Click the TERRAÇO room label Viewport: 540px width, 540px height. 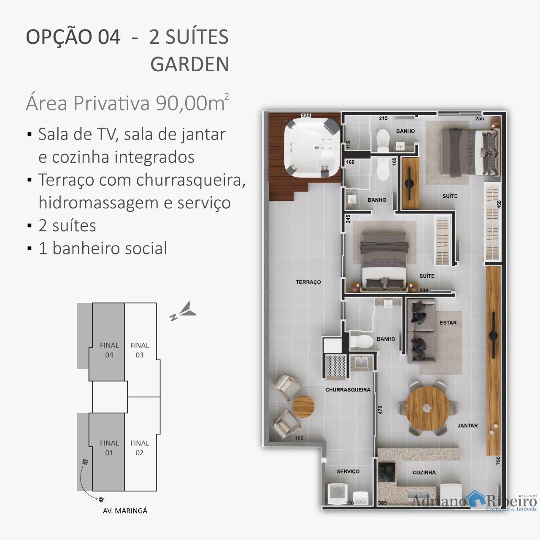point(308,282)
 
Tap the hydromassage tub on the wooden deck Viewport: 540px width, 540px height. point(312,148)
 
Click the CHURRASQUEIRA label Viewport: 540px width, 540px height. point(348,389)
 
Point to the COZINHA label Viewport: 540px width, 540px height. point(424,472)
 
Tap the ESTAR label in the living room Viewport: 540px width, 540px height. point(448,323)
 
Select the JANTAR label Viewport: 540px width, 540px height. point(467,425)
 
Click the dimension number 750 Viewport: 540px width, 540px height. point(498,460)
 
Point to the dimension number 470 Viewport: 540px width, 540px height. point(380,410)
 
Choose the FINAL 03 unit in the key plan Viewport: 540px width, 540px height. point(140,350)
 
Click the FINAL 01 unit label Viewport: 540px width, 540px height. point(109,448)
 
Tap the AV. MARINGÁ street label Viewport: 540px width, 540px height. point(125,511)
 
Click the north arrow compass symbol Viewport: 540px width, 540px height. point(183,311)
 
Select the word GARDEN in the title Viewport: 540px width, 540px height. point(190,64)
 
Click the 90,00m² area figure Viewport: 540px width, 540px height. point(192,103)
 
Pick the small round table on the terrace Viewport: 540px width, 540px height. point(303,407)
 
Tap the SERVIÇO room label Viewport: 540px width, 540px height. point(348,471)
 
